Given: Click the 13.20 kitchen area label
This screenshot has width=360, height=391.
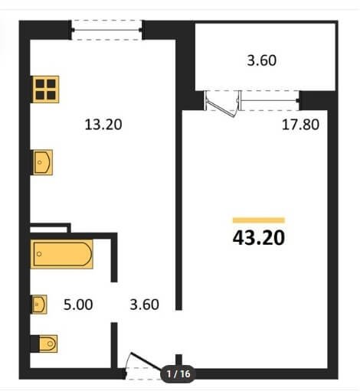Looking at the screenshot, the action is coord(103,125).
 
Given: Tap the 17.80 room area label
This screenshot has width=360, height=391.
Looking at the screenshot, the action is coord(300,125).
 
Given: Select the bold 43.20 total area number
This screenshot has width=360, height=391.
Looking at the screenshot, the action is coord(259,238).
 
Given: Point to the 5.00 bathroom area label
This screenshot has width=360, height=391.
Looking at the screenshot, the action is coord(78,305).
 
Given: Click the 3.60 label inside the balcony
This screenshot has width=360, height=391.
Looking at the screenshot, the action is coord(262,60).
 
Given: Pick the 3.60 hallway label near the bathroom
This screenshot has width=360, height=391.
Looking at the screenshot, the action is coord(144,305).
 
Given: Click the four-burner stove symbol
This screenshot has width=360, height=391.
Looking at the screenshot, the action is coord(46,90).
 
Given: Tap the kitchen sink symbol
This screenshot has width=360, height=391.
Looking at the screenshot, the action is coord(43,162).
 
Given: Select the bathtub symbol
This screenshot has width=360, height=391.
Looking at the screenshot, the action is coord(61,254).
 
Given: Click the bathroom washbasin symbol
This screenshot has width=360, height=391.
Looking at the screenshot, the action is coord(39,305).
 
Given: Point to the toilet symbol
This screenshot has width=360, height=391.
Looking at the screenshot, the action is coord(44,344).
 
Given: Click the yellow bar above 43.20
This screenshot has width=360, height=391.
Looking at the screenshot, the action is coord(259,220).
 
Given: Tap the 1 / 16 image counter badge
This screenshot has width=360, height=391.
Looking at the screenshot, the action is coord(178,374).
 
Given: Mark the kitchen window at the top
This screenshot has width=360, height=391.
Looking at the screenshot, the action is coord(106,30).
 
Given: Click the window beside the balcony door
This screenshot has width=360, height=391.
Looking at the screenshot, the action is coord(270,101).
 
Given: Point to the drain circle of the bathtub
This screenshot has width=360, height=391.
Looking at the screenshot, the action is coord(39,254).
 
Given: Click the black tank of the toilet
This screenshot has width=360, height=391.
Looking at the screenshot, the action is coord(34,344).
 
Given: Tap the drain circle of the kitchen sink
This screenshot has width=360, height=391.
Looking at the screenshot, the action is coord(40,162).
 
